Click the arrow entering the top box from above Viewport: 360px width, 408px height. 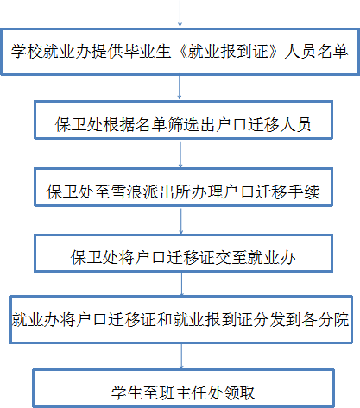(x=180, y=13)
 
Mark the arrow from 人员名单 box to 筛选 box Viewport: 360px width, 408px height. (x=180, y=87)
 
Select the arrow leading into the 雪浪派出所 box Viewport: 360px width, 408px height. (x=180, y=155)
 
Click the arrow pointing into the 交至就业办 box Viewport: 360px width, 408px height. (x=181, y=221)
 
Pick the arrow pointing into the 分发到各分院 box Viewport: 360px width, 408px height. (x=181, y=284)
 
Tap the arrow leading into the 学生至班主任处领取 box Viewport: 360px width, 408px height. (x=181, y=356)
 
